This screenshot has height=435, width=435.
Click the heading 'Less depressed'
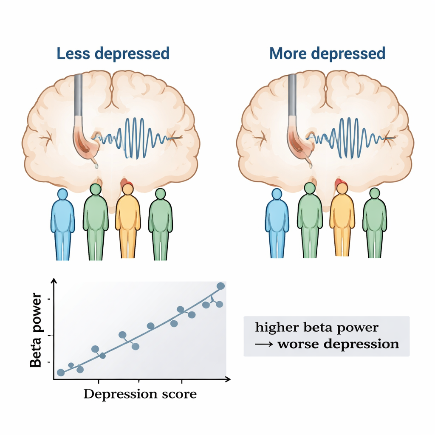113,54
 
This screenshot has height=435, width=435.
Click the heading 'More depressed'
327,54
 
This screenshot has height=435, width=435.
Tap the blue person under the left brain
62,223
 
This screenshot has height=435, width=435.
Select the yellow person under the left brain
128,221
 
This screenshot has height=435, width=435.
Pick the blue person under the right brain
277,223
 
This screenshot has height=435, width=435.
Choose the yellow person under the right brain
342,221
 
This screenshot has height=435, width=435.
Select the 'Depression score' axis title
140,394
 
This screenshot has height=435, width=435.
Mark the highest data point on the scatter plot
220,286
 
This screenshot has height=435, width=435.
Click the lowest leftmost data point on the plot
61,373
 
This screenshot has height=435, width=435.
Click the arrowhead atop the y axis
54,281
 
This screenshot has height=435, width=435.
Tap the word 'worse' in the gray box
298,343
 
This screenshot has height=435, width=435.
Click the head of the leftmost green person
96,189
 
